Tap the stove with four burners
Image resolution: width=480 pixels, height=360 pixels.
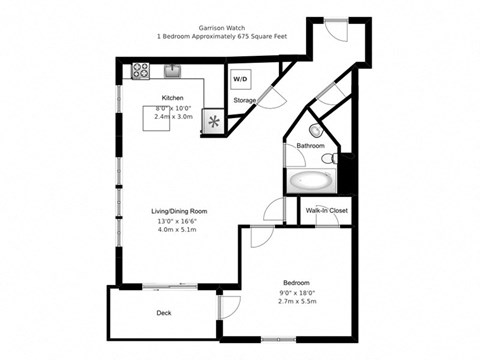coord(141,71)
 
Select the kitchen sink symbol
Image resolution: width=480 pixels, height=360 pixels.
coord(172,71)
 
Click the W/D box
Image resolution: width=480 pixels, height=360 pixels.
coord(241,78)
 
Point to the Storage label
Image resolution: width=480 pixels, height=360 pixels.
coord(244,101)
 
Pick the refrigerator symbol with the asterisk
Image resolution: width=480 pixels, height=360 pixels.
coord(213,121)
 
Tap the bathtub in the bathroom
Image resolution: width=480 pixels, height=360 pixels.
coord(311,182)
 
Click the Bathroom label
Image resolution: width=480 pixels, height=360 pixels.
coord(310,147)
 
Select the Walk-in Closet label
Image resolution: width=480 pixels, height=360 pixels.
coord(327,211)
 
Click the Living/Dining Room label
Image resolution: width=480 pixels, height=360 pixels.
coord(178,211)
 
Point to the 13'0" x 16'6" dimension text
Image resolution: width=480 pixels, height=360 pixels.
coord(178,221)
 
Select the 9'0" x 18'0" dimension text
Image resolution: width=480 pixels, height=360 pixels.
coord(296,292)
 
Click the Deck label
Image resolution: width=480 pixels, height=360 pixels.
coord(163,313)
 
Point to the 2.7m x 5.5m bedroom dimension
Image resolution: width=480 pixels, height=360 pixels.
coord(296,301)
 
